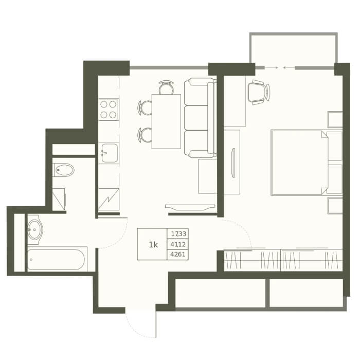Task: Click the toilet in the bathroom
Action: [63, 170]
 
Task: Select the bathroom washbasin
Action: [35, 229]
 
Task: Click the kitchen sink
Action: [109, 153]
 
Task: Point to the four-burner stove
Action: [109, 110]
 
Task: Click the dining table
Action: [166, 121]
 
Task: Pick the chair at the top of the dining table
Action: [166, 87]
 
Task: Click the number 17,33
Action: [178, 234]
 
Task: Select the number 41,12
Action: [178, 244]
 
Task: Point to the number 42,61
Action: [178, 255]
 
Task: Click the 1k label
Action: [153, 245]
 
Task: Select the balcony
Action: [294, 49]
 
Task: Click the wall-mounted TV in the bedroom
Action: [233, 163]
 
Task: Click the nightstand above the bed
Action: [335, 119]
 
